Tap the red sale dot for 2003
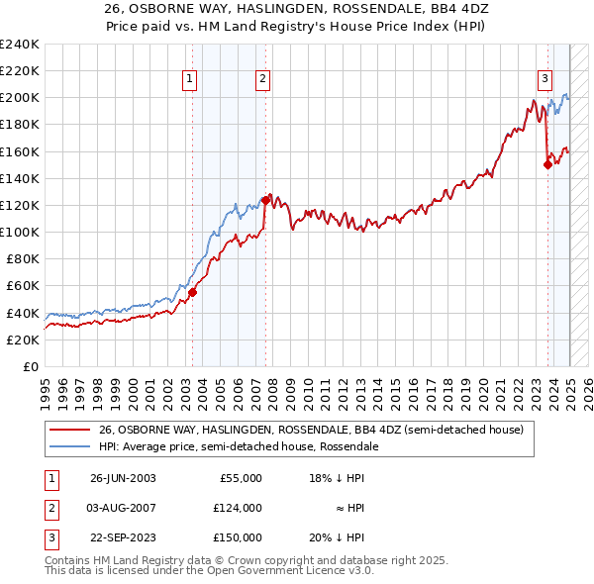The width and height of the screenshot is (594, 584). click(193, 292)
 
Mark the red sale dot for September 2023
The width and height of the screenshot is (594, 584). click(547, 165)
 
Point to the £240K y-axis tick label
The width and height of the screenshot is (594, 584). click(19, 44)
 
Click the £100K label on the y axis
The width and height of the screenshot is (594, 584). click(19, 232)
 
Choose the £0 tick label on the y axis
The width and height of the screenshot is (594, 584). click(30, 366)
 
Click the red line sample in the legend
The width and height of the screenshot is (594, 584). click(70, 431)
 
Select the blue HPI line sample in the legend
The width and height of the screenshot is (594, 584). click(70, 446)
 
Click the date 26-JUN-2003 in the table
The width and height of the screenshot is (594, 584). click(123, 478)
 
